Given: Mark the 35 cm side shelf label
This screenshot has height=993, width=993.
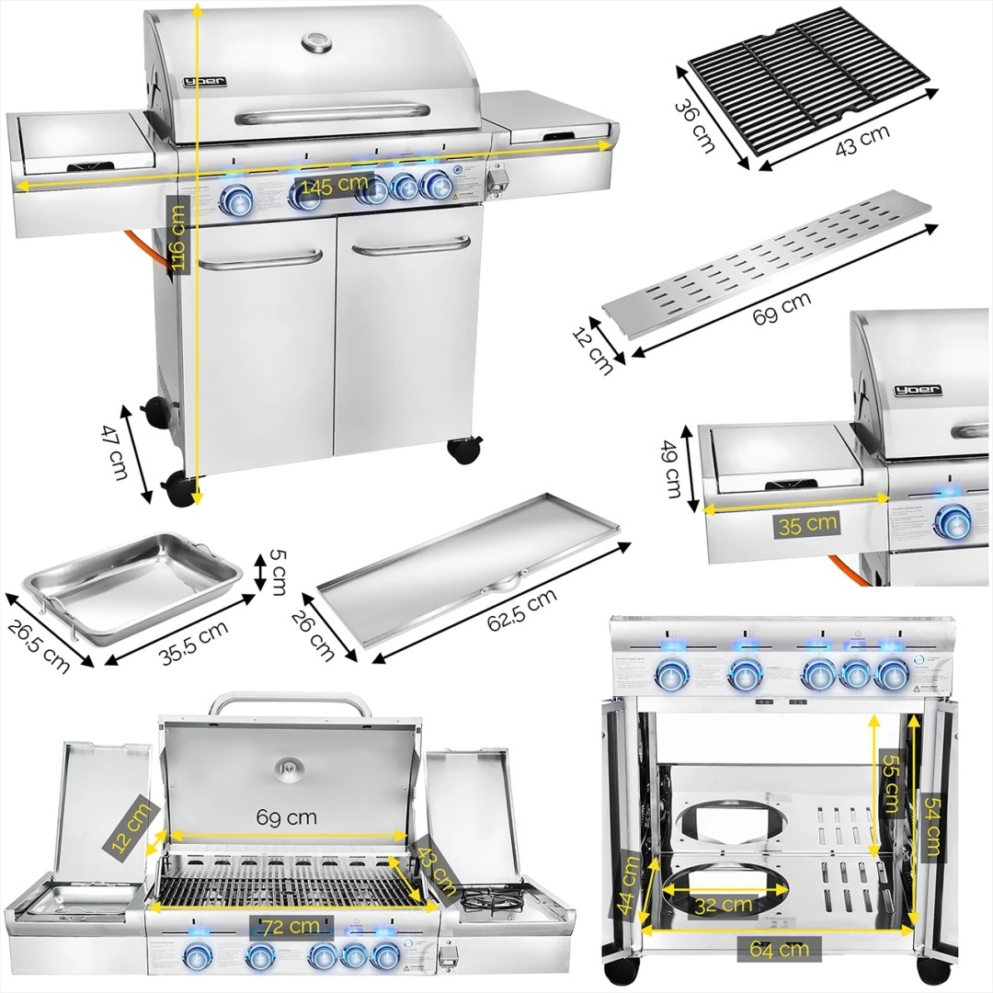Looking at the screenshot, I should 805,524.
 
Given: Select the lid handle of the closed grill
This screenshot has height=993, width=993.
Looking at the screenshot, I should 333,113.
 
